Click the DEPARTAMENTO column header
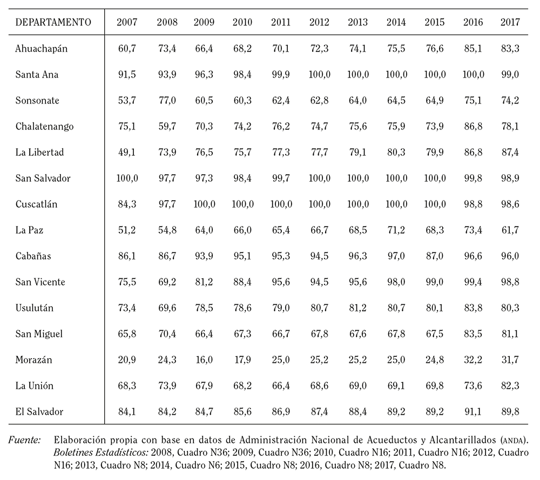click(53, 22)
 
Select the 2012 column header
click(319, 22)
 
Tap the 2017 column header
click(510, 22)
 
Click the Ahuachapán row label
click(42, 49)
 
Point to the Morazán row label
click(33, 360)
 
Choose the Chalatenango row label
click(44, 127)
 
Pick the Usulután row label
click(35, 308)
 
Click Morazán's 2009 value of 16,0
click(204, 360)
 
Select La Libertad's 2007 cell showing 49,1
click(127, 152)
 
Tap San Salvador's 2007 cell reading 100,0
click(127, 179)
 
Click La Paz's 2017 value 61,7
click(510, 230)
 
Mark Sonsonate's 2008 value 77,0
click(167, 100)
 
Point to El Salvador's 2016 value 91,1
click(473, 412)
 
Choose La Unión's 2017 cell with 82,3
click(510, 386)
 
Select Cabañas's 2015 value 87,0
click(435, 256)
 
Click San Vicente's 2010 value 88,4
click(242, 282)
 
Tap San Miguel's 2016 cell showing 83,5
click(473, 334)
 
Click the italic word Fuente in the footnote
click(24, 440)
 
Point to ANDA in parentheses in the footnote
click(513, 441)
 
